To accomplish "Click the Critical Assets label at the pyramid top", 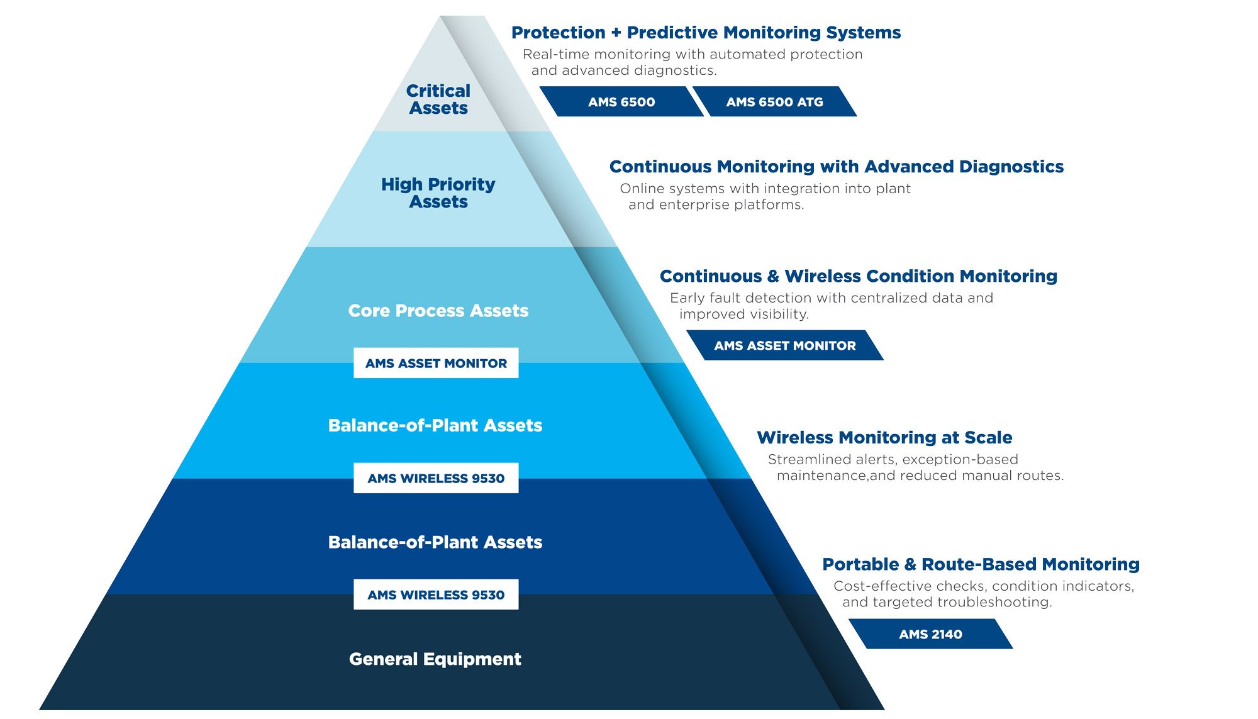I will click(x=438, y=99).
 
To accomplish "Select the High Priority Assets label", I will click(x=438, y=192).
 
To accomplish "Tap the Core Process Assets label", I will click(x=438, y=311).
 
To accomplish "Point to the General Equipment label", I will click(x=435, y=659).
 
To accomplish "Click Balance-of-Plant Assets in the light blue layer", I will click(x=435, y=426).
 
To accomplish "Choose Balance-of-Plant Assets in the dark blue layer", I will click(x=435, y=542).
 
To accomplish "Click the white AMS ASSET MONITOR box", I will click(x=436, y=363).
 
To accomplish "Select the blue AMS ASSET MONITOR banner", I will click(x=784, y=345).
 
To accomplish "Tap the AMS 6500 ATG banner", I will click(x=774, y=102).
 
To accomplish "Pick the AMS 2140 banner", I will click(x=930, y=634).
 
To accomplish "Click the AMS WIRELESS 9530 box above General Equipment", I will click(x=436, y=594).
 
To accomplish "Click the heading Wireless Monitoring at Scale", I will click(x=884, y=438).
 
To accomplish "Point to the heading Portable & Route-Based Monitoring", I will click(x=981, y=564).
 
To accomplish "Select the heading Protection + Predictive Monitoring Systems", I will click(x=706, y=33).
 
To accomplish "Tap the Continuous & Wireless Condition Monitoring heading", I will click(x=858, y=276).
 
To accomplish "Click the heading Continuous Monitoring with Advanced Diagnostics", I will click(x=837, y=167).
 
